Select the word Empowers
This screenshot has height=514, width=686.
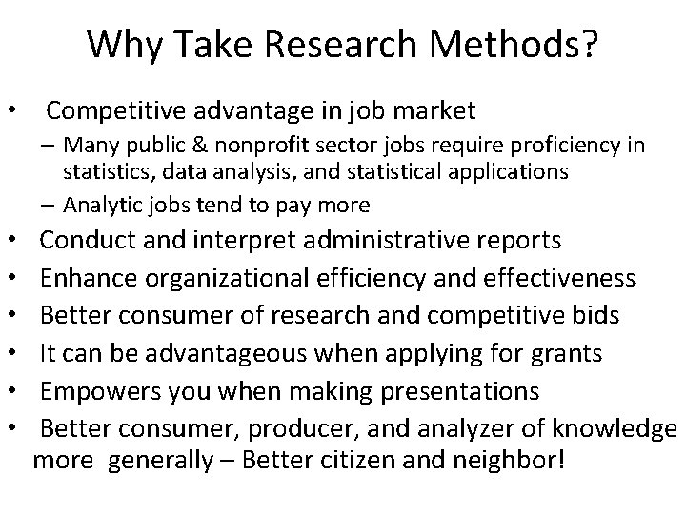point(103,392)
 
